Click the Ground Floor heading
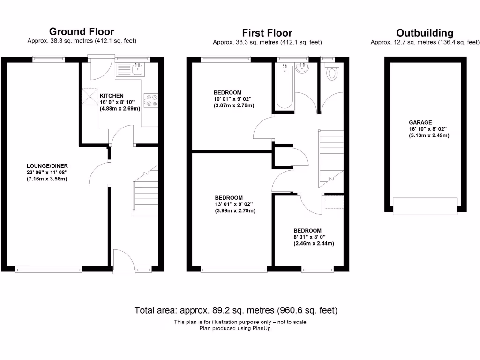tap(82, 32)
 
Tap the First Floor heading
tap(267, 33)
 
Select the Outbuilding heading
tap(425, 33)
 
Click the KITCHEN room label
tap(112, 96)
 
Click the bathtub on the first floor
tap(285, 88)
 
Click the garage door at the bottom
tap(425, 206)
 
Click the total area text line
tap(236, 310)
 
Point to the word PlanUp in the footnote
tap(262, 328)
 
